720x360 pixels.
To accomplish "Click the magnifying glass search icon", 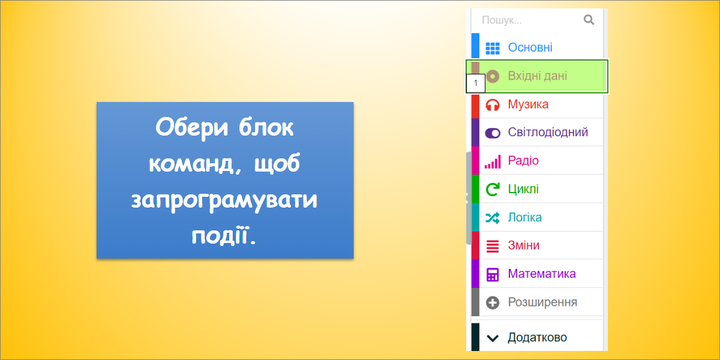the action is point(589,20).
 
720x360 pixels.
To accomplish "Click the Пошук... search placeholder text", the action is point(502,20).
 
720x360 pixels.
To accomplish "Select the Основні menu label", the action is point(530,47).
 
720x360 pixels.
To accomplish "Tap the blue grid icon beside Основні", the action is point(493,48).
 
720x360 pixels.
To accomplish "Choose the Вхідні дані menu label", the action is point(537,76).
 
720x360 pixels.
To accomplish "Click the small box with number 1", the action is point(476,83).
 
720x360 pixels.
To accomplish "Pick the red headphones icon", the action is point(493,105).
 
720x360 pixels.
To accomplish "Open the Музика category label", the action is point(528,104).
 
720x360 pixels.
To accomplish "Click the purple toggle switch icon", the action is point(493,133).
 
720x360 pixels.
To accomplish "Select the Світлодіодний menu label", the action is point(548,133).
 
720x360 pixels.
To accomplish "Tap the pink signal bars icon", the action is point(493,161).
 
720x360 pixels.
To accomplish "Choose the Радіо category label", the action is point(523,160).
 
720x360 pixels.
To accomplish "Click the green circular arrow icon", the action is point(493,190).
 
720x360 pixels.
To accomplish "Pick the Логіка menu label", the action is point(524,218).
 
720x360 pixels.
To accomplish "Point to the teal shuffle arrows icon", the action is point(493,218).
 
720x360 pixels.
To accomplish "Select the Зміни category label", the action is point(524,245).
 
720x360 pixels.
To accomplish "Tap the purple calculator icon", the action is point(493,275).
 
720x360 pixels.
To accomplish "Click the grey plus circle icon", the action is point(493,303).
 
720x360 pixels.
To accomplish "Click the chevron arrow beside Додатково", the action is point(493,338).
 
